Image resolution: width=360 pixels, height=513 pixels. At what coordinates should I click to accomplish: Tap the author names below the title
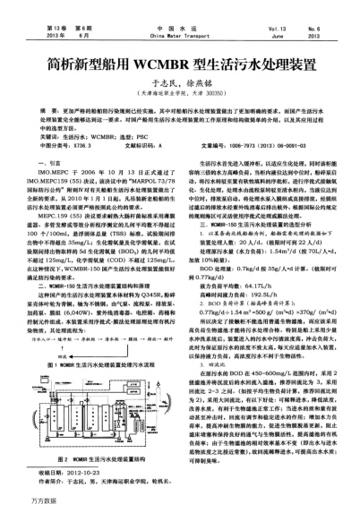[x=180, y=56]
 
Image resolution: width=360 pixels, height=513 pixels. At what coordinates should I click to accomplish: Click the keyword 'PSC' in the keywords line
[x=163, y=110]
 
